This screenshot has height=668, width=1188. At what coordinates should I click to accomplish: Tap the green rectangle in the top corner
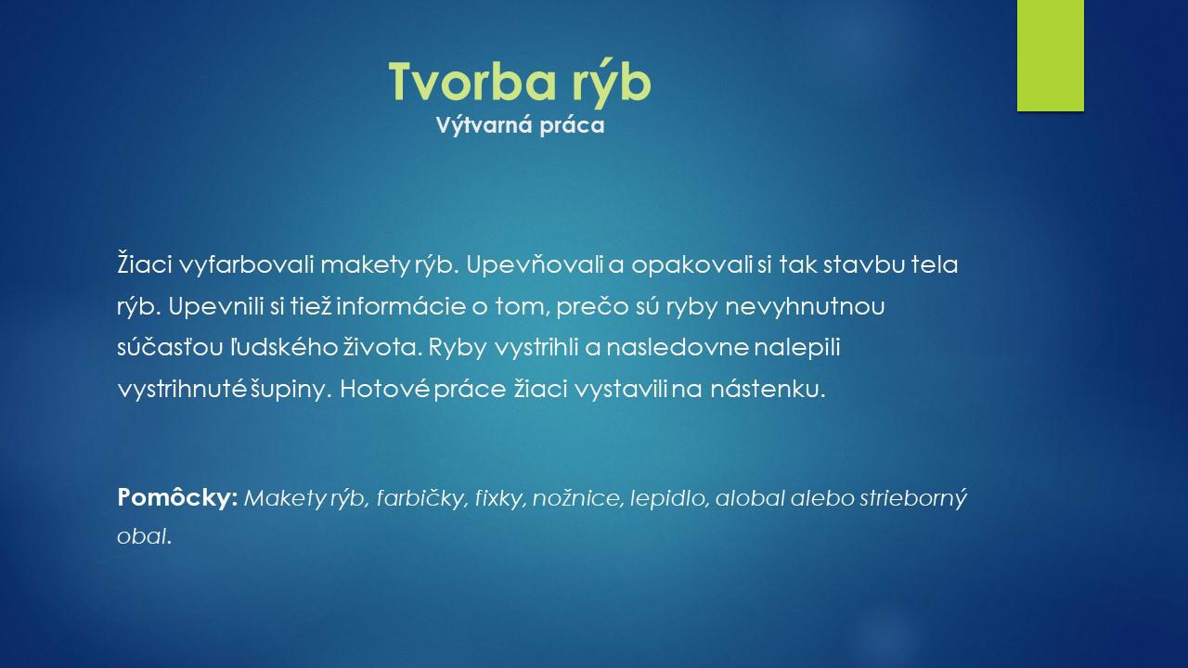[x=1050, y=56]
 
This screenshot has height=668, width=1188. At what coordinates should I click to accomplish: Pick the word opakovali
[x=691, y=265]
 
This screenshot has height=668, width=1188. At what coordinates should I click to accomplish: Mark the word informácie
[x=401, y=306]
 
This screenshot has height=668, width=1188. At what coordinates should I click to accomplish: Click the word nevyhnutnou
[x=805, y=307]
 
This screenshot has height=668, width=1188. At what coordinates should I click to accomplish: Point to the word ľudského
[x=284, y=348]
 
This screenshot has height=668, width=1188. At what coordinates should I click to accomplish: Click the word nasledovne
[x=678, y=348]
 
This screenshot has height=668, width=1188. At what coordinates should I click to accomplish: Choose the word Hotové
[x=384, y=389]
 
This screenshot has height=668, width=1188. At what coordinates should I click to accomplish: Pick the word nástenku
[x=768, y=390]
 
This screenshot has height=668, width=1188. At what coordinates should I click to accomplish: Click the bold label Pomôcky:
[x=177, y=497]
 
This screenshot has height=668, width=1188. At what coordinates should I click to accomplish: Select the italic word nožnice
[x=576, y=498]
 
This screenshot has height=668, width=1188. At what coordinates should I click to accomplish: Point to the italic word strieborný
[x=913, y=498]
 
